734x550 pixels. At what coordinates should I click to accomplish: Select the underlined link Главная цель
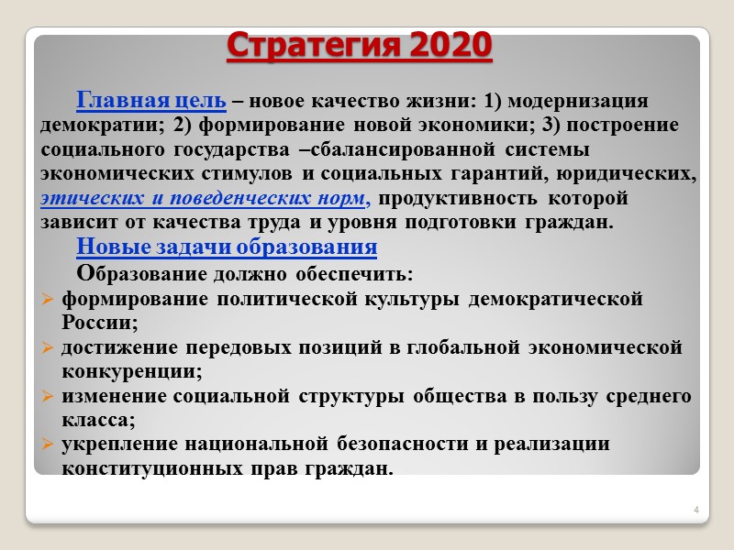(x=151, y=100)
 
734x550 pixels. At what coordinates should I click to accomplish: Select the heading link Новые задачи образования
(x=227, y=247)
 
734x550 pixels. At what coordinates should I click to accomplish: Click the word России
(x=99, y=323)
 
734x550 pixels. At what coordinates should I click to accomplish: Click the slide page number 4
(x=696, y=510)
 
